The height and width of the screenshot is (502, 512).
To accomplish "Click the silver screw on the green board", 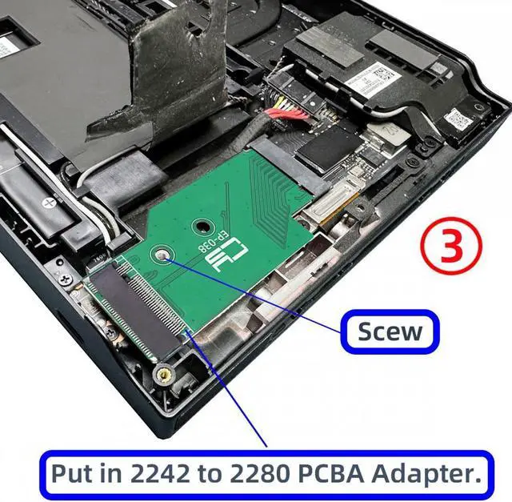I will click(x=162, y=256).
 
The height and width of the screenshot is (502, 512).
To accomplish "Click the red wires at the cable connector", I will click(x=279, y=116).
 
